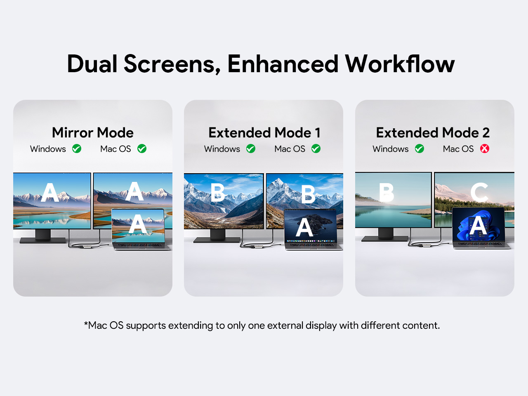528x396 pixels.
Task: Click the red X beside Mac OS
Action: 484,148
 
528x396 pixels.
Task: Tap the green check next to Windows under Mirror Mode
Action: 77,148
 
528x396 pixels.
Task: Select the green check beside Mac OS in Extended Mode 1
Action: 316,148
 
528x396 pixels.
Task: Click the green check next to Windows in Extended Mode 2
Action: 419,148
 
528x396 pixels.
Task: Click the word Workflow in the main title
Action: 400,64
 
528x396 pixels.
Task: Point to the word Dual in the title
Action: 92,64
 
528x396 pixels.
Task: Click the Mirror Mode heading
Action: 93,132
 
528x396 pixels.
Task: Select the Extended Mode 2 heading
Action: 433,132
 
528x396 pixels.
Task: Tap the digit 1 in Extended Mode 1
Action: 318,133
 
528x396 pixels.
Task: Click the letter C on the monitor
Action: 479,192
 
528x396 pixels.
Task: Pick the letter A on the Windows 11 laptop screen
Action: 478,226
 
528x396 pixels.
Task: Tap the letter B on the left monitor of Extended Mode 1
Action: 218,193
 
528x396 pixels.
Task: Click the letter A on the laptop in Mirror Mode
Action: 138,224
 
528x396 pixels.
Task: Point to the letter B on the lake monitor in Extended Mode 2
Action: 387,192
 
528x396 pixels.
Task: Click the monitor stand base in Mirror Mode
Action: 42,240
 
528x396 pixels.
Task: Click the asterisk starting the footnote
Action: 86,323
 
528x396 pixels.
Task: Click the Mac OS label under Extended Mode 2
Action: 458,149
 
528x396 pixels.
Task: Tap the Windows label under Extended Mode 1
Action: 222,149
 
